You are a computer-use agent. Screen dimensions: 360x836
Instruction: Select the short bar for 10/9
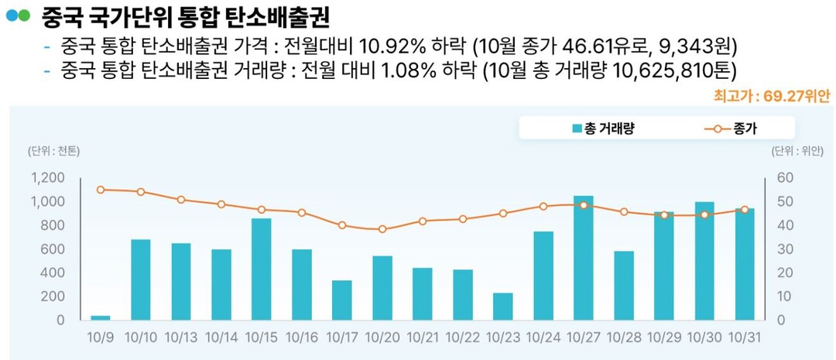101,317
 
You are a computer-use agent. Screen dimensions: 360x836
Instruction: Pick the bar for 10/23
503,307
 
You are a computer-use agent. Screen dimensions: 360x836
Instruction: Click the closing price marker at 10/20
382,229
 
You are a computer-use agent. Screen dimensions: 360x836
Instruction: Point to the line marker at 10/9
101,190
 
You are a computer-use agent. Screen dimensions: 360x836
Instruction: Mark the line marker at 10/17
342,225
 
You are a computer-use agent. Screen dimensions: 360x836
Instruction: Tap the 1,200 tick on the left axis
49,178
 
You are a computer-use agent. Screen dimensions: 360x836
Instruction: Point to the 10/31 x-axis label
745,338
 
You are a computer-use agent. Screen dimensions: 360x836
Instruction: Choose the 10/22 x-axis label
463,338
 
